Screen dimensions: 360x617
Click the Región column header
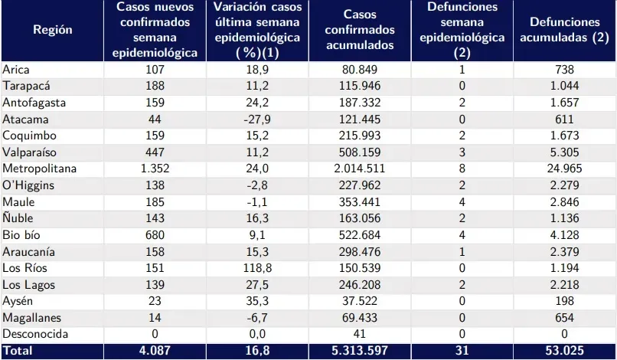[x=53, y=30]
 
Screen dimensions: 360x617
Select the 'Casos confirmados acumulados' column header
[x=360, y=30]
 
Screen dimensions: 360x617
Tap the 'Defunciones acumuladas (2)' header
[x=563, y=30]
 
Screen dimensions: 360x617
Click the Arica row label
[x=16, y=70]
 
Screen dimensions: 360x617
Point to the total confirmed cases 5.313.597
[x=360, y=351]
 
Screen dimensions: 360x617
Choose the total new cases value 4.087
[x=155, y=351]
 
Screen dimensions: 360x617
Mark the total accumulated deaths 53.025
[x=563, y=351]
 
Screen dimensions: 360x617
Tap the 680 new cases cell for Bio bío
[x=155, y=234]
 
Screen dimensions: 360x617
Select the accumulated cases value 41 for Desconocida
[x=360, y=334]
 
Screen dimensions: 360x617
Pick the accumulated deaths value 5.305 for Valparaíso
[x=563, y=152]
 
